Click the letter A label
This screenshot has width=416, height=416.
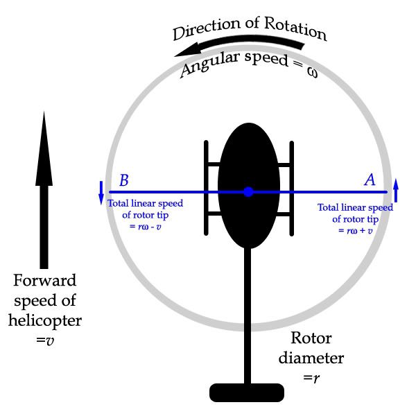pyautogui.click(x=370, y=180)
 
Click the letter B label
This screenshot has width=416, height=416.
pyautogui.click(x=123, y=181)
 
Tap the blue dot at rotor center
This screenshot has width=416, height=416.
pyautogui.click(x=248, y=192)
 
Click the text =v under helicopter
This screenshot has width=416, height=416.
pyautogui.click(x=45, y=341)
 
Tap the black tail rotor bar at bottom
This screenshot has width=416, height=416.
pyautogui.click(x=248, y=392)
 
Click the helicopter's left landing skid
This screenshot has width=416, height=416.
pyautogui.click(x=206, y=187)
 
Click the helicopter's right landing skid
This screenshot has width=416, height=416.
pyautogui.click(x=290, y=187)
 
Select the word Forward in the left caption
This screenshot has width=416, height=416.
pyautogui.click(x=45, y=281)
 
